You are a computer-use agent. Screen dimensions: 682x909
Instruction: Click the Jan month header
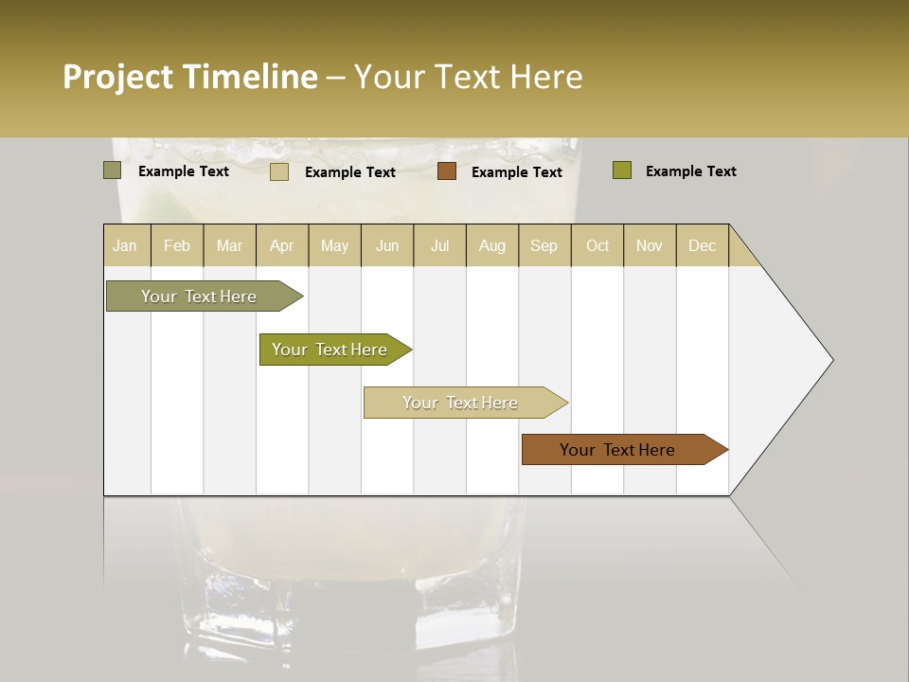[x=125, y=245]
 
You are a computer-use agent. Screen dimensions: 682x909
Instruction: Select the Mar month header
[x=229, y=245]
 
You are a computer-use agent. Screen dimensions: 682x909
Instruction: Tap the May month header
[x=334, y=245]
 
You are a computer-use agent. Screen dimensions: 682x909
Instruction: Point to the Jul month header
[x=439, y=245]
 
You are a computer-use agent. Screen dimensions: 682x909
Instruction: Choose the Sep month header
[x=544, y=245]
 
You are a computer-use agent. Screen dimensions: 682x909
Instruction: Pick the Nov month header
[x=649, y=245]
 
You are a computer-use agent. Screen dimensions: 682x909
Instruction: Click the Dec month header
[x=702, y=245]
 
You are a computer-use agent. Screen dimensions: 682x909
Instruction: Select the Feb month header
[x=177, y=245]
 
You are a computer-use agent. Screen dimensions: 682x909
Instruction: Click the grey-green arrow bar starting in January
[x=199, y=296]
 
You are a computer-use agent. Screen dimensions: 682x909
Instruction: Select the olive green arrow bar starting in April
[x=330, y=350]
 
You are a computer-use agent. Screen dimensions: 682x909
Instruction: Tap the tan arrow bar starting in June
[x=460, y=403]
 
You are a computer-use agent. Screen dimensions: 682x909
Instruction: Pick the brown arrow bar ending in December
[x=617, y=450]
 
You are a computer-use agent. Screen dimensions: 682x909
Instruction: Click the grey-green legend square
[x=113, y=170]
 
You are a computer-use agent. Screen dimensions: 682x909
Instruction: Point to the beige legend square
[x=279, y=171]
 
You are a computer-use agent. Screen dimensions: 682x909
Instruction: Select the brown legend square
[x=447, y=171]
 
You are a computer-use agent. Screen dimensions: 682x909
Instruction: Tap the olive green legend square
[x=622, y=170]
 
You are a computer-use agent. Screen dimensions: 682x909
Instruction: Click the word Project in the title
[x=117, y=77]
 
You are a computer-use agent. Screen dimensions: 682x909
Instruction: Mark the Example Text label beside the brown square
[x=516, y=172]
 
